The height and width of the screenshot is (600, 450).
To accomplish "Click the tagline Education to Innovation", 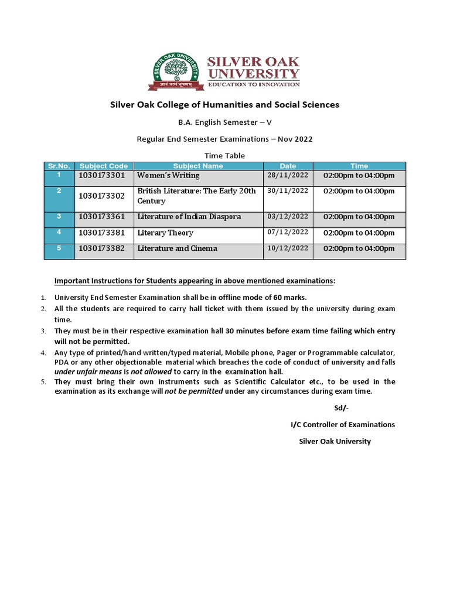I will coord(254,84).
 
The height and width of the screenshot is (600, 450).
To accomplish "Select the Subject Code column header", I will coord(103,166).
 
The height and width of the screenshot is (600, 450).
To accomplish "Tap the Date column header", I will coord(288,166).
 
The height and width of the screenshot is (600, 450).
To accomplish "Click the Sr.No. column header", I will coord(59,166).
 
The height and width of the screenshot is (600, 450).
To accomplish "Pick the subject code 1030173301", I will coord(102,176).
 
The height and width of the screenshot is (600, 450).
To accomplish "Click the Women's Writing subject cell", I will coord(168,175).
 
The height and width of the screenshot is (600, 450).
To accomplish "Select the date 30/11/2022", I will coord(287,191).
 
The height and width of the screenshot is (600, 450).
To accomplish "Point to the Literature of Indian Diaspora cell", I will coord(189,217).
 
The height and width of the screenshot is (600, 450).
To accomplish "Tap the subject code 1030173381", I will coord(102,233).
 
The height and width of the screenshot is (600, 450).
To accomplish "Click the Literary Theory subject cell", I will coord(165,233).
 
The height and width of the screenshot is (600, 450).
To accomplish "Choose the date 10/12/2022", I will coord(287,248).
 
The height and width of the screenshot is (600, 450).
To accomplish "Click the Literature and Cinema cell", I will coord(177,248).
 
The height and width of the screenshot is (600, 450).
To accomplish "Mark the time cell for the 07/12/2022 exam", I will coord(359,233).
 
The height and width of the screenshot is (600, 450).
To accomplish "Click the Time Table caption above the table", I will coord(224,155).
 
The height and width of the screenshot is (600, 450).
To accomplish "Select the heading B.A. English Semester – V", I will coord(225,122).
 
